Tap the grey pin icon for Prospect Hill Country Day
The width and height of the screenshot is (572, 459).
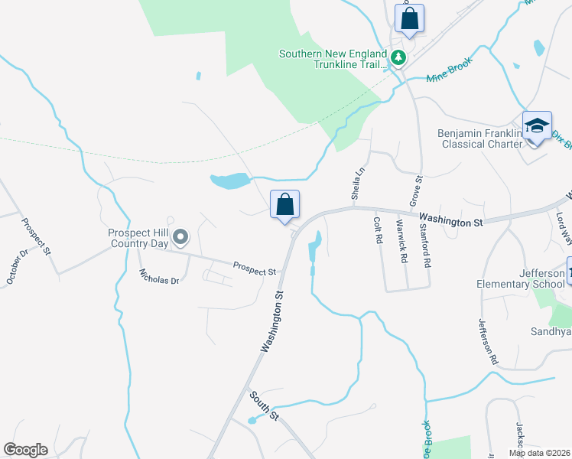click(180, 237)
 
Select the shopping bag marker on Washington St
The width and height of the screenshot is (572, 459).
click(284, 205)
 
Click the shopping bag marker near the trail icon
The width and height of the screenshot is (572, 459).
click(409, 19)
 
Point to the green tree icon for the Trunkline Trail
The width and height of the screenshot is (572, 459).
click(398, 57)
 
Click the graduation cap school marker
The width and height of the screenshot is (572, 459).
click(537, 127)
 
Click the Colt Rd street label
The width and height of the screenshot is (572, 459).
click(378, 229)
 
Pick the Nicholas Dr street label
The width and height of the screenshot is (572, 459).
click(158, 276)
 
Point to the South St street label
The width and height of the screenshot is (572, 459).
click(264, 405)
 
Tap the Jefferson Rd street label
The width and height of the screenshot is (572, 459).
click(489, 340)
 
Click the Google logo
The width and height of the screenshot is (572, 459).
click(25, 450)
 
